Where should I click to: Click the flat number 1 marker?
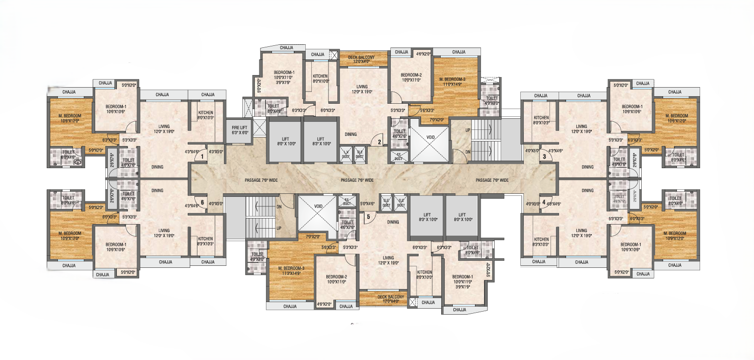[x=201, y=157]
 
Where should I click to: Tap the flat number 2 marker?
[x=380, y=142]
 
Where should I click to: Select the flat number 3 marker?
[x=544, y=157]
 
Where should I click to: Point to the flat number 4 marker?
[x=544, y=202]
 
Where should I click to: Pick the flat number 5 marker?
[x=368, y=217]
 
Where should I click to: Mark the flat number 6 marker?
[x=202, y=202]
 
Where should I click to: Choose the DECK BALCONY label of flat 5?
[x=391, y=299]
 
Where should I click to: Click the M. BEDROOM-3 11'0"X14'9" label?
[x=456, y=82]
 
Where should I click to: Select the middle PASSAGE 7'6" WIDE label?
[x=357, y=180]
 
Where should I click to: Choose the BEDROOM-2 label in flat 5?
[x=336, y=279]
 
